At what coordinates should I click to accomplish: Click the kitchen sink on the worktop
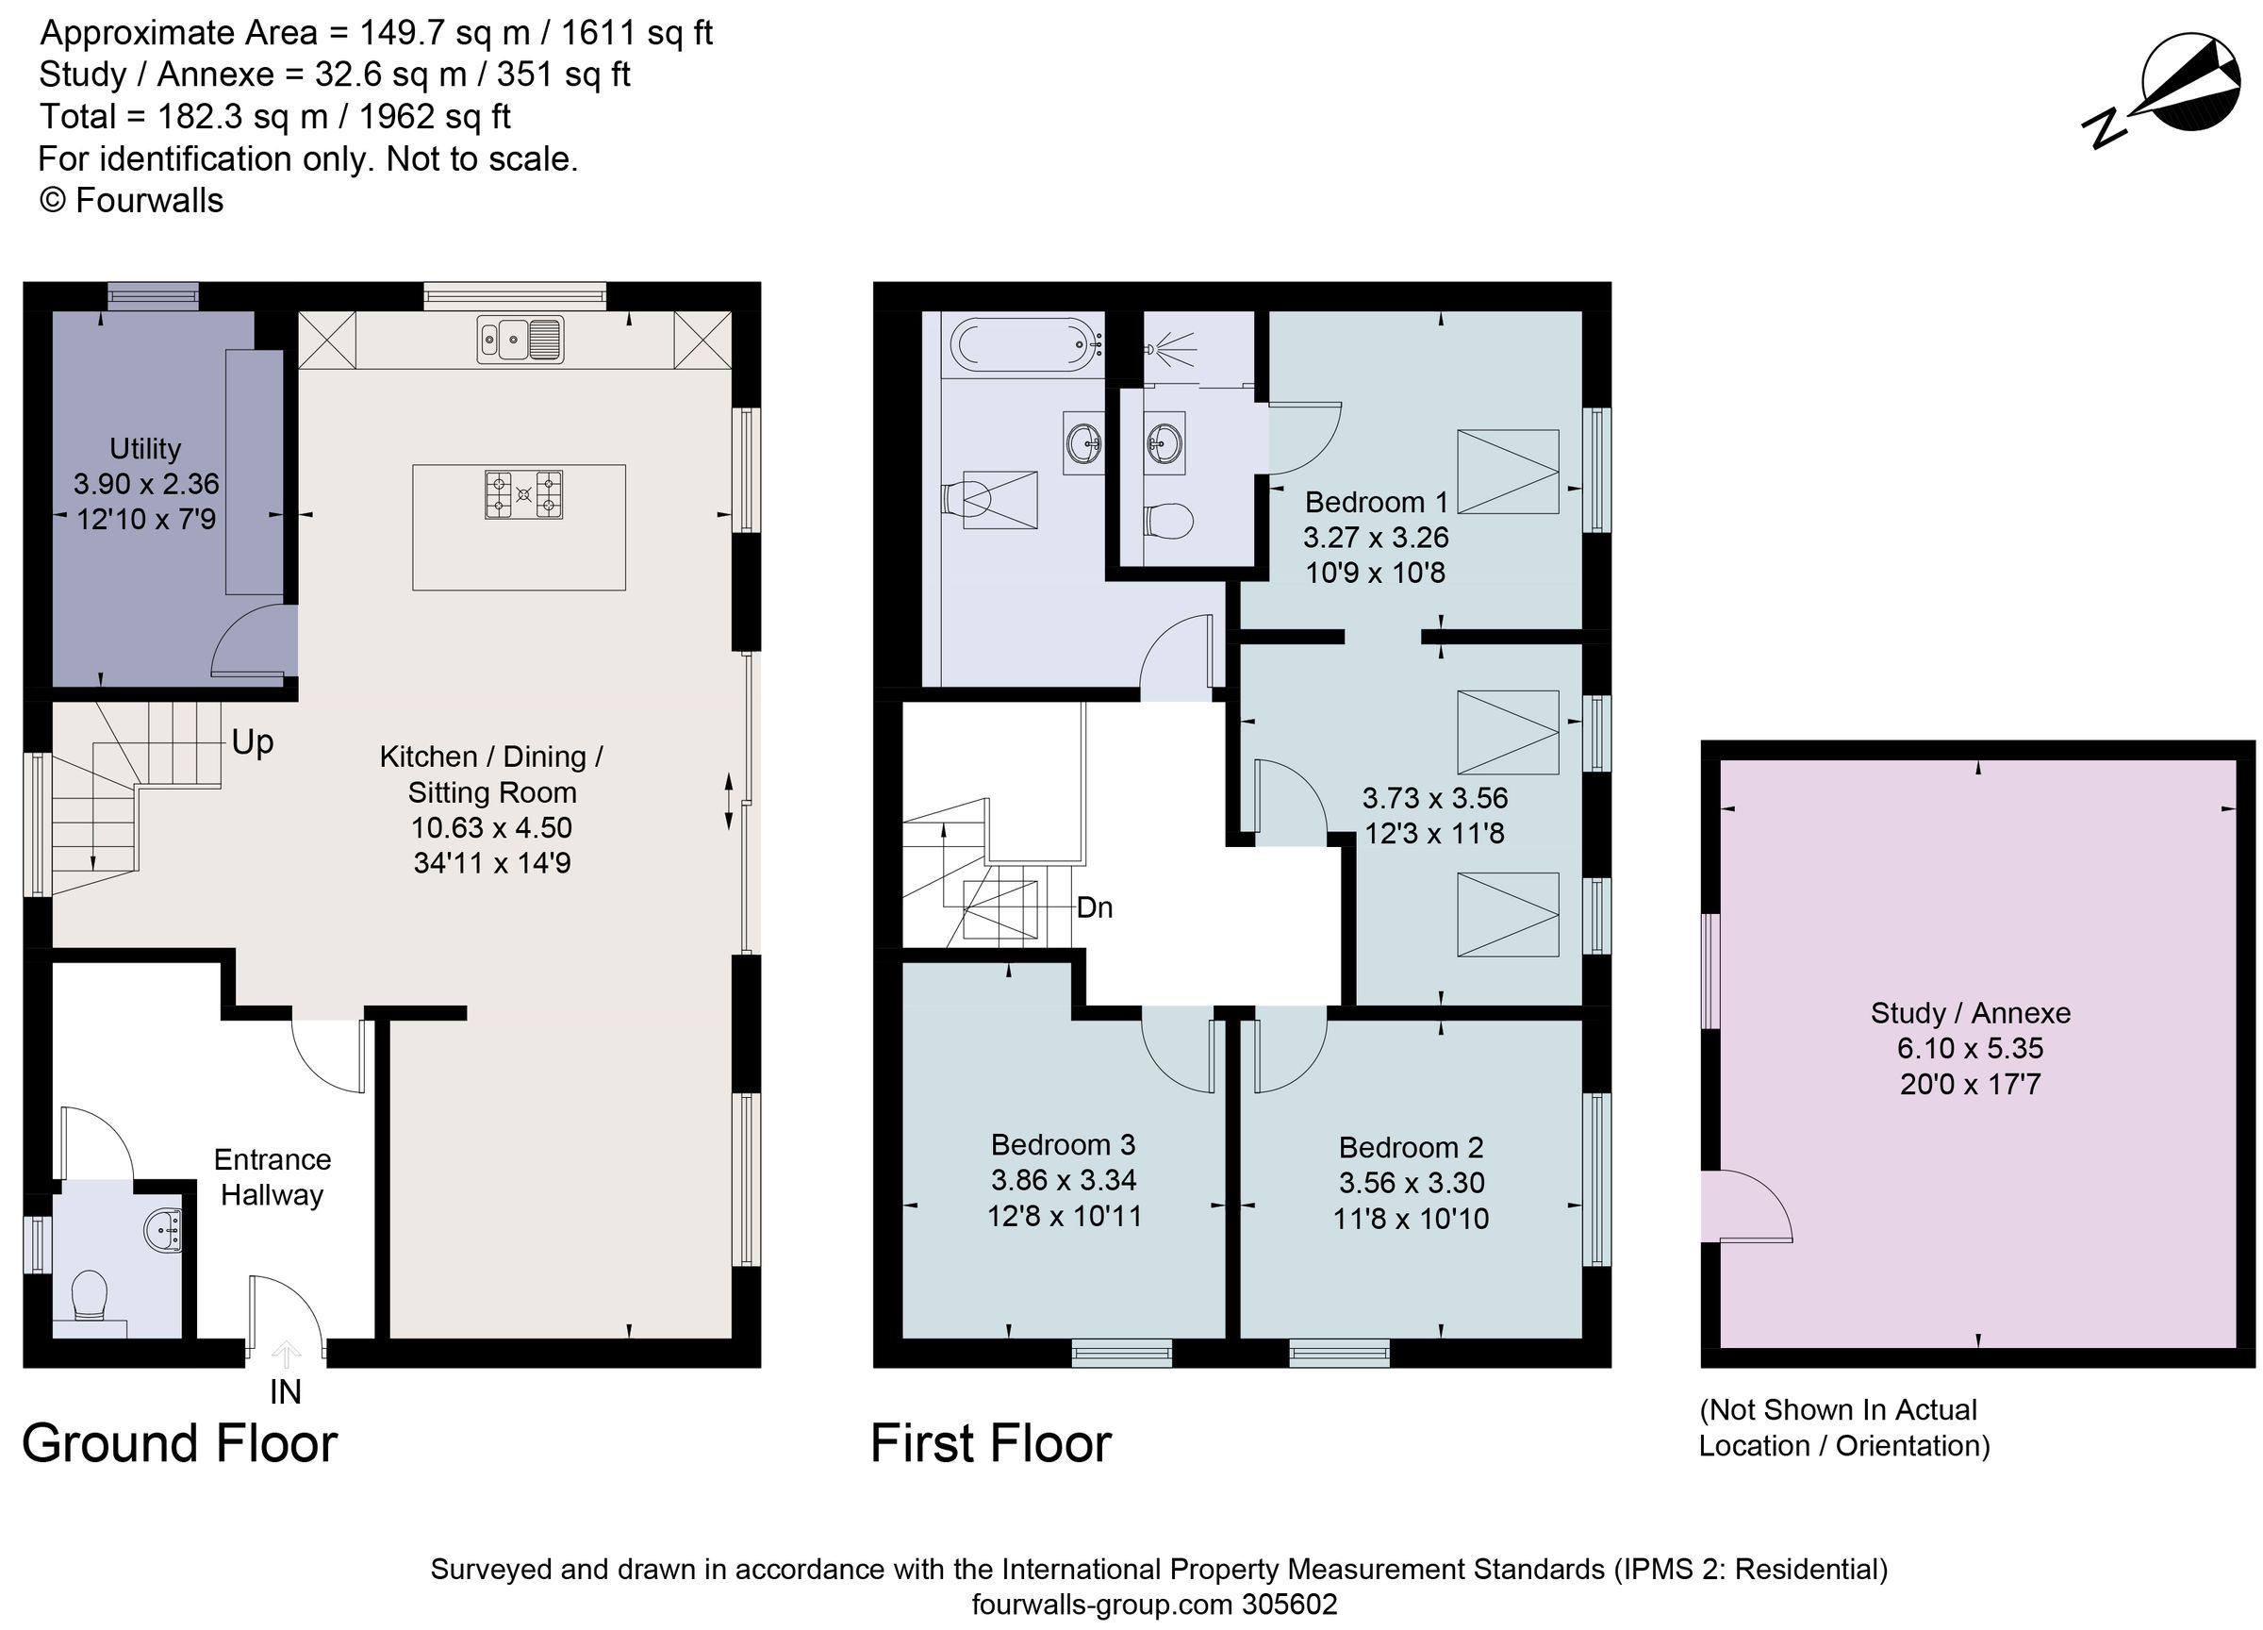pos(519,340)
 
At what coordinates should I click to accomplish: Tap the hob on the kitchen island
pos(522,494)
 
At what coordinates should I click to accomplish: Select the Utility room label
pos(144,448)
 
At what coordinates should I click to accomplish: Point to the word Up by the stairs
pos(252,742)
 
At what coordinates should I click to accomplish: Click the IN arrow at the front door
pos(286,1356)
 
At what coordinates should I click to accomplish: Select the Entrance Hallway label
pos(272,1177)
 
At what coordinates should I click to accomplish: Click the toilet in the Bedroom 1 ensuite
pos(1168,520)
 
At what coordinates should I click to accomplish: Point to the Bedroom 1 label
pos(1375,502)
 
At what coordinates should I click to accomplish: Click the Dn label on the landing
pos(1095,907)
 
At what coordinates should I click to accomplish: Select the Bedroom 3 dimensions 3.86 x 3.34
pos(1063,1180)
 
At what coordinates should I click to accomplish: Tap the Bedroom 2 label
pos(1410,1148)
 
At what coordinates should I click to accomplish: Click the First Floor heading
pos(990,1444)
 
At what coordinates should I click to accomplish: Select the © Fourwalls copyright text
pos(131,201)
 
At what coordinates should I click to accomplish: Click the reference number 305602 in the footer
pos(1289,1604)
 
